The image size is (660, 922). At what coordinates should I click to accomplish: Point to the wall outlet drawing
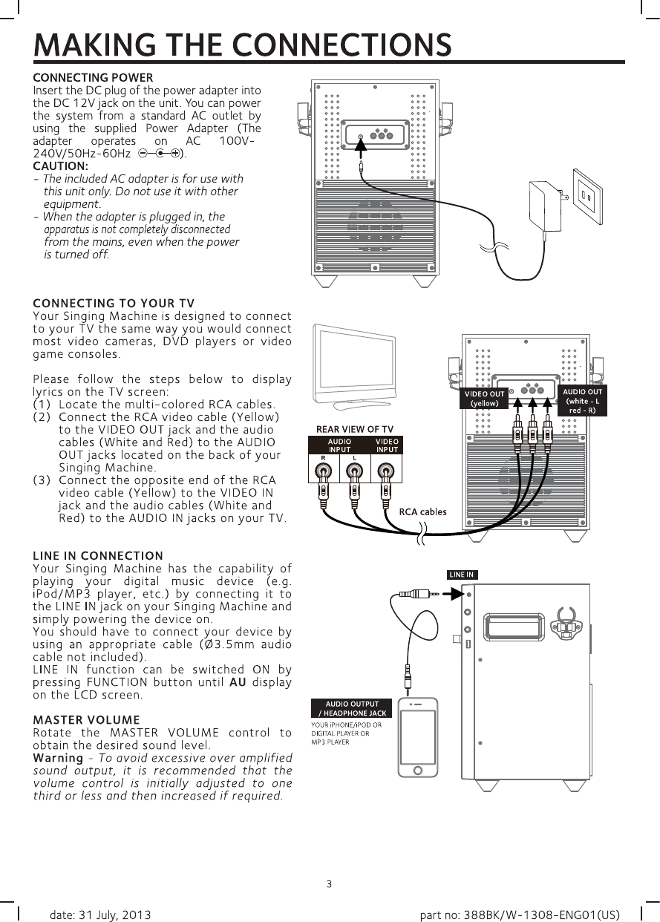(587, 195)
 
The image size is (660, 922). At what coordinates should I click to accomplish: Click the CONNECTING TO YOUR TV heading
(114, 303)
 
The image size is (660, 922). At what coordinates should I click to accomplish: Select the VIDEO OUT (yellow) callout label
(484, 399)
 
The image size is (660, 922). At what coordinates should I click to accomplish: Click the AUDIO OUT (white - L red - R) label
(582, 401)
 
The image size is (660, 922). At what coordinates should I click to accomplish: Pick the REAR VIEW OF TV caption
(355, 429)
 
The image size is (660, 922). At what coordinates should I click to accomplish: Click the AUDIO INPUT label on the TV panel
(339, 445)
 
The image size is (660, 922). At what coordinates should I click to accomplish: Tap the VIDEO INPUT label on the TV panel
(386, 445)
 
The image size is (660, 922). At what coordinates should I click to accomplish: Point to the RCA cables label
(423, 511)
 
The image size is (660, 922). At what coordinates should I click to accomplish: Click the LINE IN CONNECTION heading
(98, 555)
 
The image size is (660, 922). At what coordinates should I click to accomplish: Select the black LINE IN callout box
(461, 575)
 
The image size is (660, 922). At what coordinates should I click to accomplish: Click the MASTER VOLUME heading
(86, 719)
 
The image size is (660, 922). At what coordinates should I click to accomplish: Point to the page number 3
(329, 883)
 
